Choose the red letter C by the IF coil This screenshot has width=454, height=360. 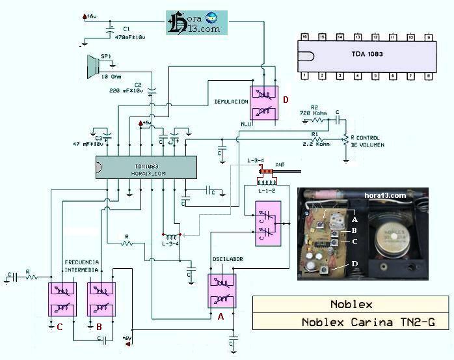59,327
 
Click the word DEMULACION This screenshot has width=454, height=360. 230,102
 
